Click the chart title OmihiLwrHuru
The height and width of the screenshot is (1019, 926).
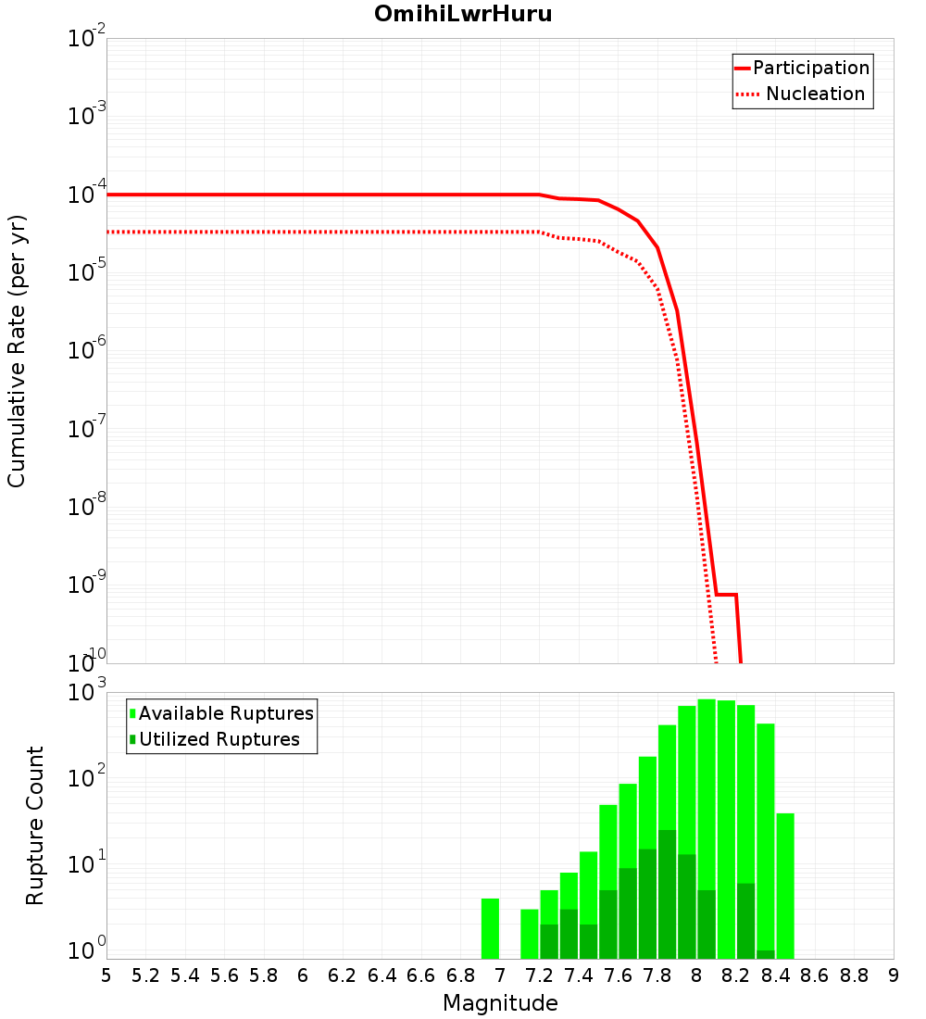(x=463, y=14)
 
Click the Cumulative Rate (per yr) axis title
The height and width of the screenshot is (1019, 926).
(x=17, y=350)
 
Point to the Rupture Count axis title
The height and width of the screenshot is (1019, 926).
(x=35, y=825)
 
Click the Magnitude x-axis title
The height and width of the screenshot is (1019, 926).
(x=500, y=1003)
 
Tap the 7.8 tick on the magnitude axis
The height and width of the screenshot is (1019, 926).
(x=657, y=975)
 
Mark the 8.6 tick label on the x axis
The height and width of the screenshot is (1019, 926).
(x=815, y=975)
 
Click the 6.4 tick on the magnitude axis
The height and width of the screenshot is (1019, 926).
(x=382, y=975)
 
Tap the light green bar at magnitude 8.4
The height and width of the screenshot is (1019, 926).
(x=785, y=886)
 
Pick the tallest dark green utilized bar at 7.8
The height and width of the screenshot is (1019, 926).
(x=667, y=894)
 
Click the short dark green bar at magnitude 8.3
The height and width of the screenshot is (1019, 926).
(x=766, y=954)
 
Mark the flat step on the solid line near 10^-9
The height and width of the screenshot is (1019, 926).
(x=726, y=595)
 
